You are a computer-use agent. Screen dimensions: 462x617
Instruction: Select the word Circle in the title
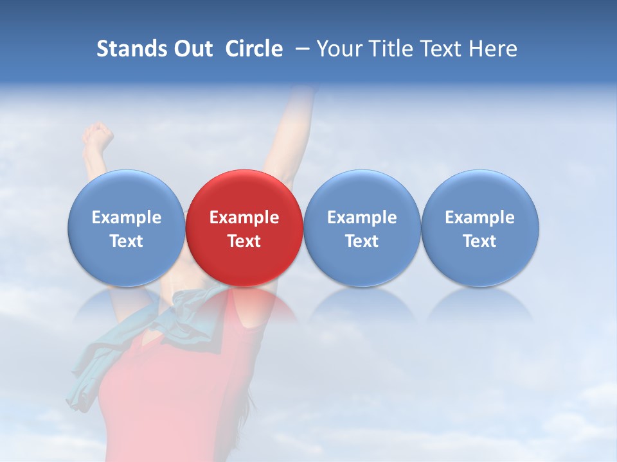(254, 49)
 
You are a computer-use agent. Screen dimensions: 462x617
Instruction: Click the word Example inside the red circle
(244, 218)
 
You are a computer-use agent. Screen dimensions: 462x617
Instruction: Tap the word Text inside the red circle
(244, 241)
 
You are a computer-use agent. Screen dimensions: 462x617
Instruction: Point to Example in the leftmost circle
(126, 218)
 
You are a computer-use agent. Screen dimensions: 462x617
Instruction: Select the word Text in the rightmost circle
(480, 241)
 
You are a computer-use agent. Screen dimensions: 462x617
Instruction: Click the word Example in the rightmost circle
(480, 218)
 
